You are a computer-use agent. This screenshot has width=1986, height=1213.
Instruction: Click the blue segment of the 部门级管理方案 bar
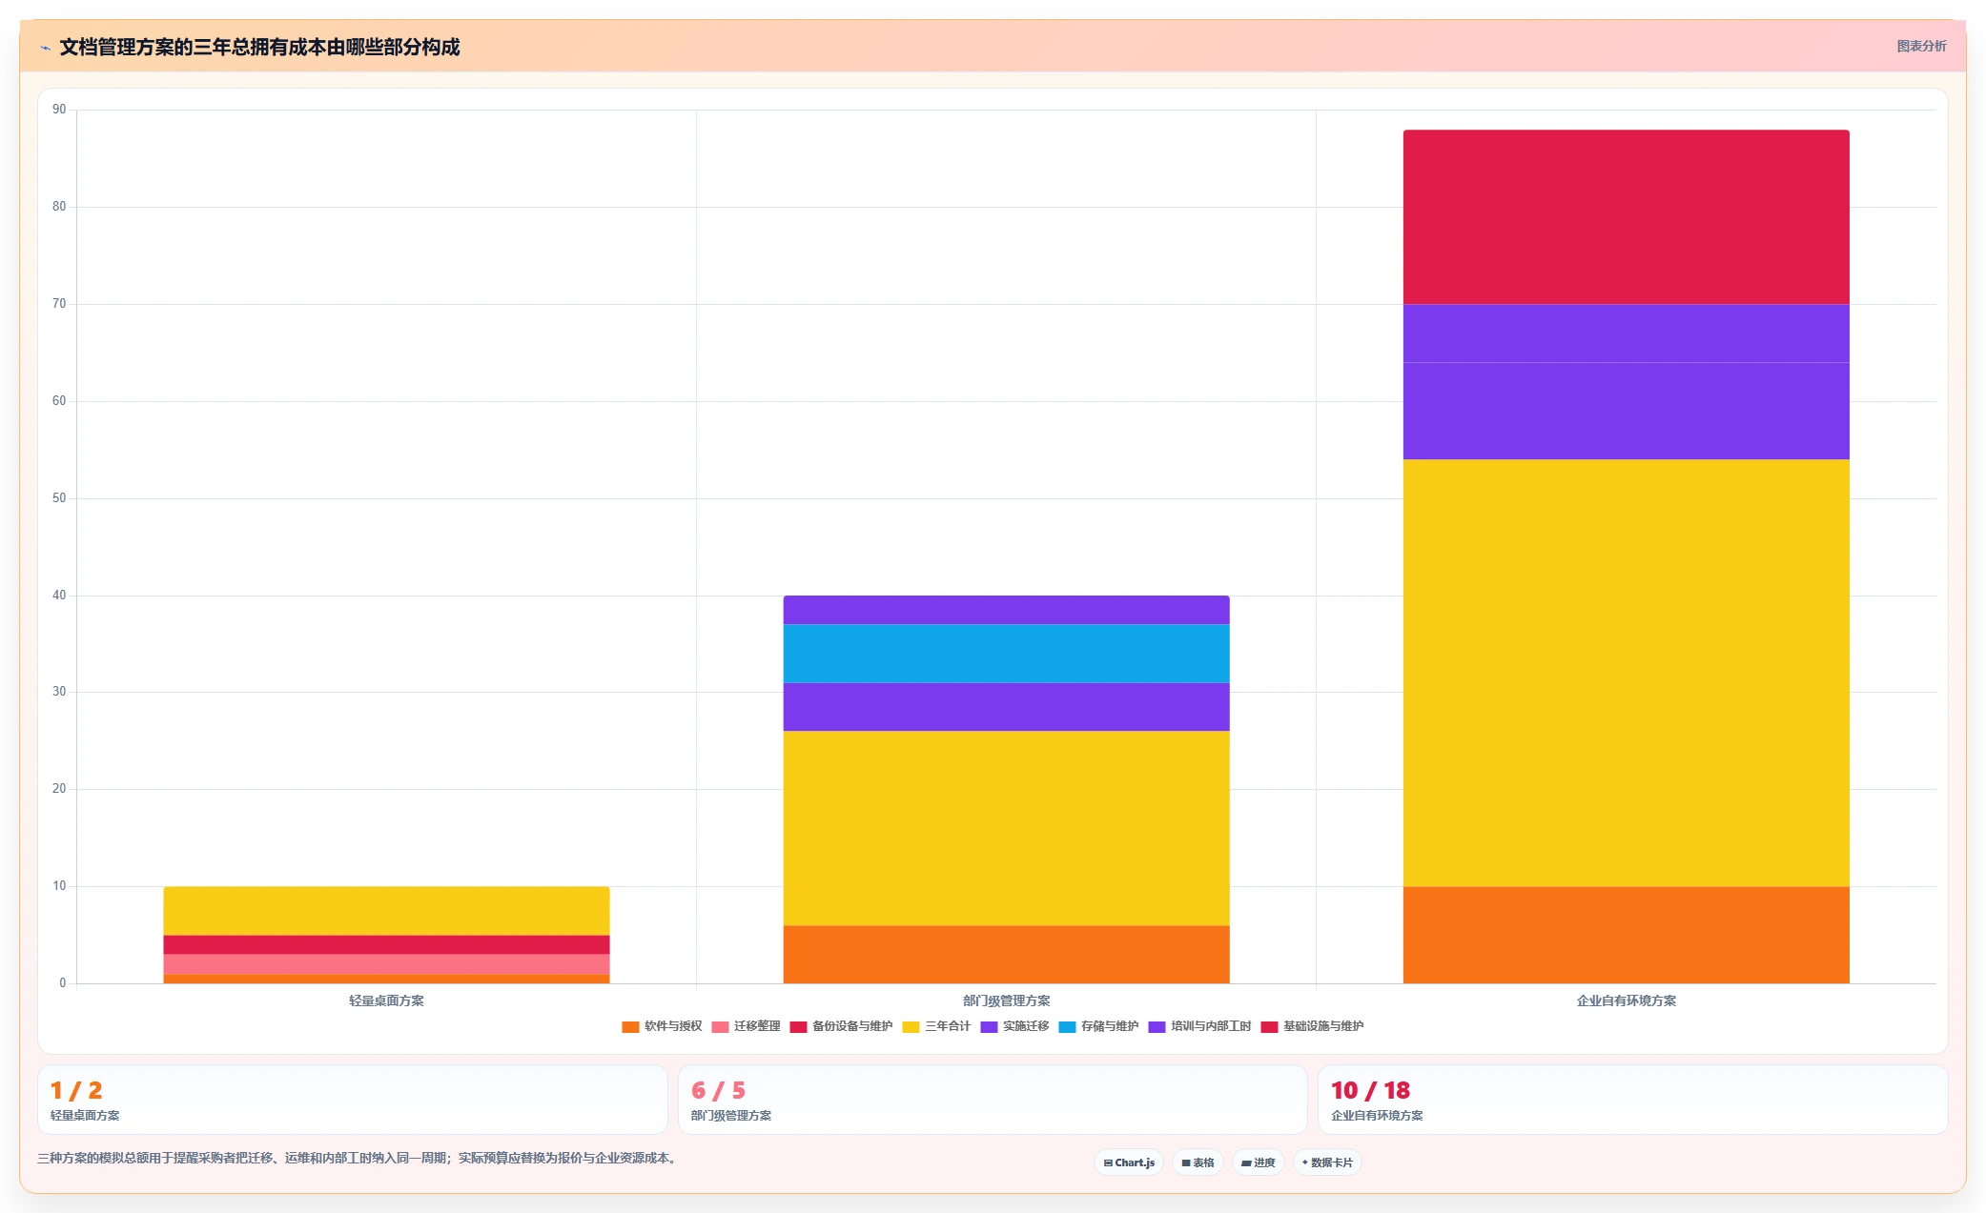pos(1006,654)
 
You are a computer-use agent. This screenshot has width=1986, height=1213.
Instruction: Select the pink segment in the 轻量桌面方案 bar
pos(386,964)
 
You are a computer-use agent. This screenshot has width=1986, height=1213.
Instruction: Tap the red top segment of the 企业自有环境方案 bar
pos(1626,217)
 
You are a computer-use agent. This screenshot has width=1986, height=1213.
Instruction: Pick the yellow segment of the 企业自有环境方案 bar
pos(1626,674)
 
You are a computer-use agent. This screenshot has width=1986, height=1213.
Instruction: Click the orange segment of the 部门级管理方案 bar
pos(1006,954)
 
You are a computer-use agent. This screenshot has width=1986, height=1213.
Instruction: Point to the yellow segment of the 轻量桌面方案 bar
pos(386,911)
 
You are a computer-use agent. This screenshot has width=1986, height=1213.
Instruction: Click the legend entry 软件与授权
pos(662,1026)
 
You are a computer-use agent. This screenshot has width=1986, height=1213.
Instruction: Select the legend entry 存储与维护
pos(1098,1026)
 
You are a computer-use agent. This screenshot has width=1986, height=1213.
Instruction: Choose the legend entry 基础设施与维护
pos(1312,1026)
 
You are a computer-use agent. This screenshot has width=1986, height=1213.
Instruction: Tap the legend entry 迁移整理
pos(746,1026)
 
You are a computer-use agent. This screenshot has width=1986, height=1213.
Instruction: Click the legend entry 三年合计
pos(936,1026)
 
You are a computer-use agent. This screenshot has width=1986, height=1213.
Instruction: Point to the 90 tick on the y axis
pos(59,110)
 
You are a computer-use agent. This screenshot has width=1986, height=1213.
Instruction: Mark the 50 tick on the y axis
pos(59,498)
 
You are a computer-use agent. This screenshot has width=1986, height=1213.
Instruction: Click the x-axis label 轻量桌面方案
pos(386,1001)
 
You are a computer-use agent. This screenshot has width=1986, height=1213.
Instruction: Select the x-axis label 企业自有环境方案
pos(1626,1001)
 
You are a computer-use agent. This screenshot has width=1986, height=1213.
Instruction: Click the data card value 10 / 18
pos(1370,1090)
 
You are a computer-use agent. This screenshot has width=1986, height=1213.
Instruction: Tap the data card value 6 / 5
pos(718,1090)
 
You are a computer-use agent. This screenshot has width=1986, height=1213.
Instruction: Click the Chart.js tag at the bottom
pos(1129,1162)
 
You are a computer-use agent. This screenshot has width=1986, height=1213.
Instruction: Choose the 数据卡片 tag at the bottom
pos(1327,1162)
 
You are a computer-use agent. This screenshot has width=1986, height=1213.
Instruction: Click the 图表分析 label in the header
pos(1921,46)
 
